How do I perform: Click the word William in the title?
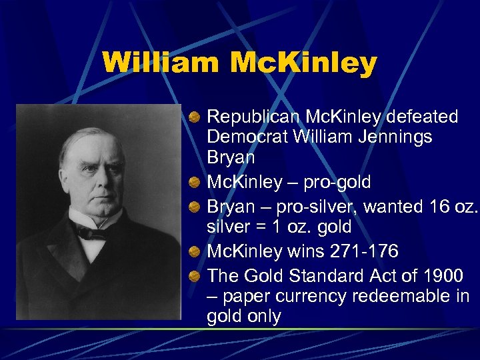(x=161, y=63)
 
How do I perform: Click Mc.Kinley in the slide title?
(x=303, y=63)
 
